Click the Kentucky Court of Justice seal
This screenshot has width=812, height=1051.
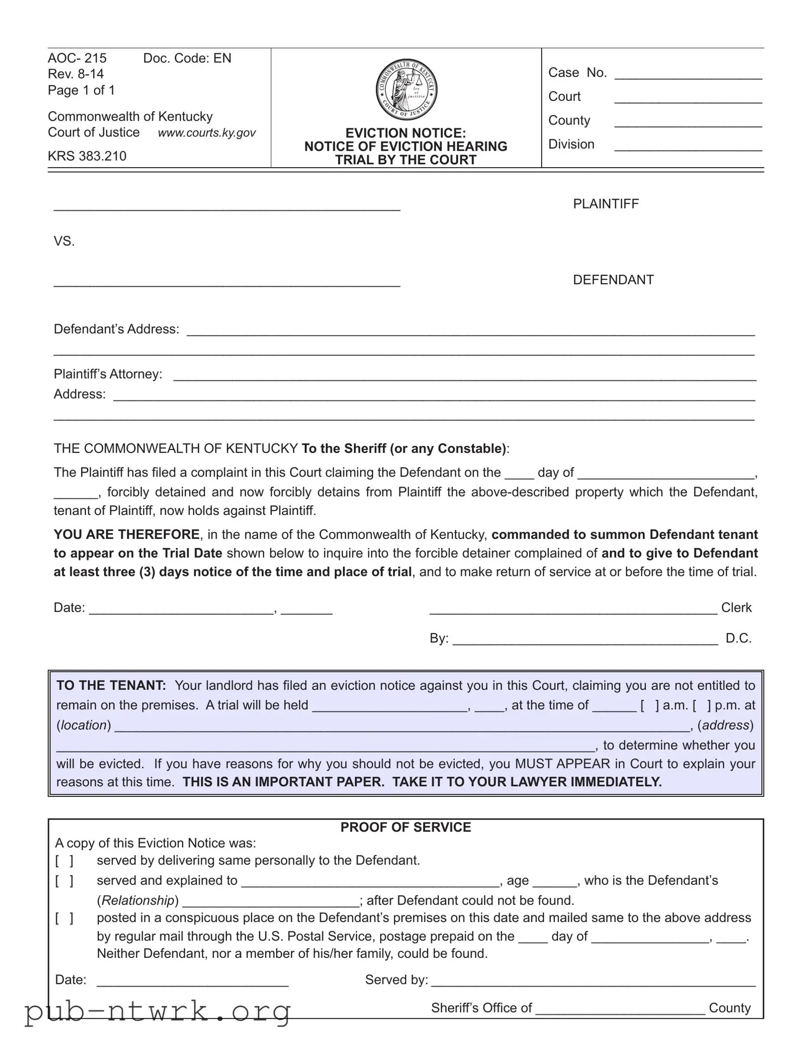[x=406, y=90]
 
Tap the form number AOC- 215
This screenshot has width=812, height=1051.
[x=77, y=58]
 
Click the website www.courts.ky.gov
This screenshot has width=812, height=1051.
[x=207, y=133]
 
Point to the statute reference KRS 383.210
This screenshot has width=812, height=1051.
[x=87, y=156]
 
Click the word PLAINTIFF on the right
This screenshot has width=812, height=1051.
[x=606, y=204]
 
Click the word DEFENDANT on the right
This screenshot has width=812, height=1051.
[x=613, y=280]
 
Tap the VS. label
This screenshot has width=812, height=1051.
[x=64, y=241]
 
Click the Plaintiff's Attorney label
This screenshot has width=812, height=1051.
[x=108, y=374]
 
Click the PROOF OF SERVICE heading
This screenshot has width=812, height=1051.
[x=405, y=827]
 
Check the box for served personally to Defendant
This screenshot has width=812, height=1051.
[x=64, y=860]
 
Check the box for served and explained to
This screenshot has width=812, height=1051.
[x=64, y=880]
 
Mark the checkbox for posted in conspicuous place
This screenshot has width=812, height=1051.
[x=64, y=918]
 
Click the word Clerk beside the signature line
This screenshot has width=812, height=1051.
[x=736, y=608]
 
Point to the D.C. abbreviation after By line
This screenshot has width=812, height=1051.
[x=739, y=638]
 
